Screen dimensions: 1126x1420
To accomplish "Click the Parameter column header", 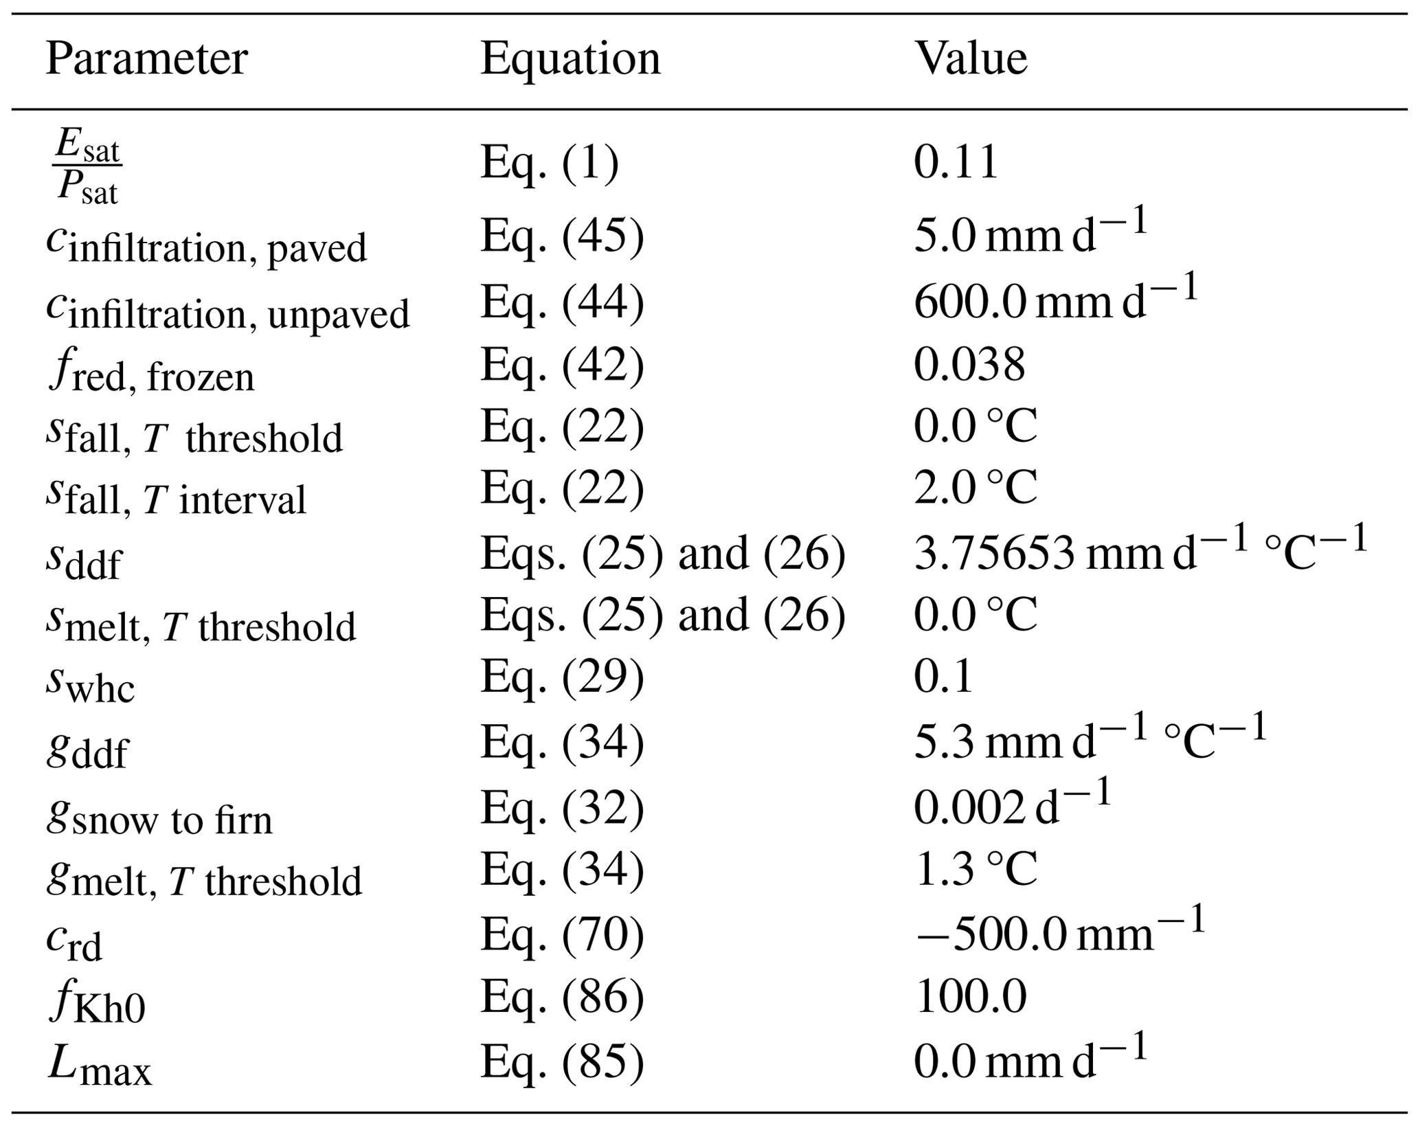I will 146,59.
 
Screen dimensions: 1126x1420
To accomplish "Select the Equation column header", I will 570,59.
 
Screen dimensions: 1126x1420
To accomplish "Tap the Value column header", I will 971,59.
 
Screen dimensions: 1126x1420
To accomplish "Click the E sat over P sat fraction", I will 88,166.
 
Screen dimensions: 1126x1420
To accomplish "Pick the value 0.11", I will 956,164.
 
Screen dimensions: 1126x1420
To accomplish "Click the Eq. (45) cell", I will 562,236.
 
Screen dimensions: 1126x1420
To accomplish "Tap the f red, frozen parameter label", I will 151,374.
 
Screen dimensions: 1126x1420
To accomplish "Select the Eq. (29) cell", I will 562,677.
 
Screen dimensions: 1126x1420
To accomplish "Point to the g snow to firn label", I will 159,818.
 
